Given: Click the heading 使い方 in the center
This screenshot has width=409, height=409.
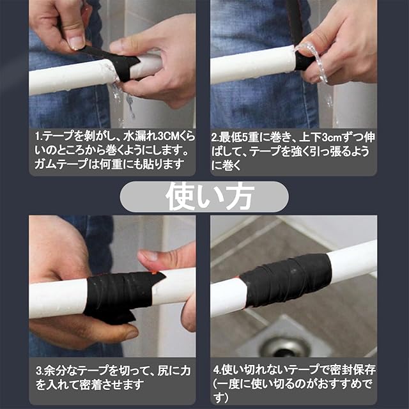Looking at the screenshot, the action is click(210, 197).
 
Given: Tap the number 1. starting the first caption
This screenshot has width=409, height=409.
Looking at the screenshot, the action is click(39, 136).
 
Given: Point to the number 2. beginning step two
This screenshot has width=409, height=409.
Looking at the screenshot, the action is click(215, 137).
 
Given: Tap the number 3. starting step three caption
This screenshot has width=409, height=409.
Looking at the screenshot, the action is click(40, 371).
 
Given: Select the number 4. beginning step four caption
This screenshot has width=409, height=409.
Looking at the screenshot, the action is click(217, 370).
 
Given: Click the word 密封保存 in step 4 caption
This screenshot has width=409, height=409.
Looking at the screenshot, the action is click(353, 369).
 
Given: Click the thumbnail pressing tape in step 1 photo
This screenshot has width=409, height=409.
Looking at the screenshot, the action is click(76, 42).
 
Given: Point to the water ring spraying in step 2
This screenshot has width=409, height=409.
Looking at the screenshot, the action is click(312, 61).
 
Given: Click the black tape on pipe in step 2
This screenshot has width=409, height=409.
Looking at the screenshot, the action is click(304, 61).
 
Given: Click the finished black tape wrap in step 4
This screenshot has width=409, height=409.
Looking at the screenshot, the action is click(286, 280).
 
